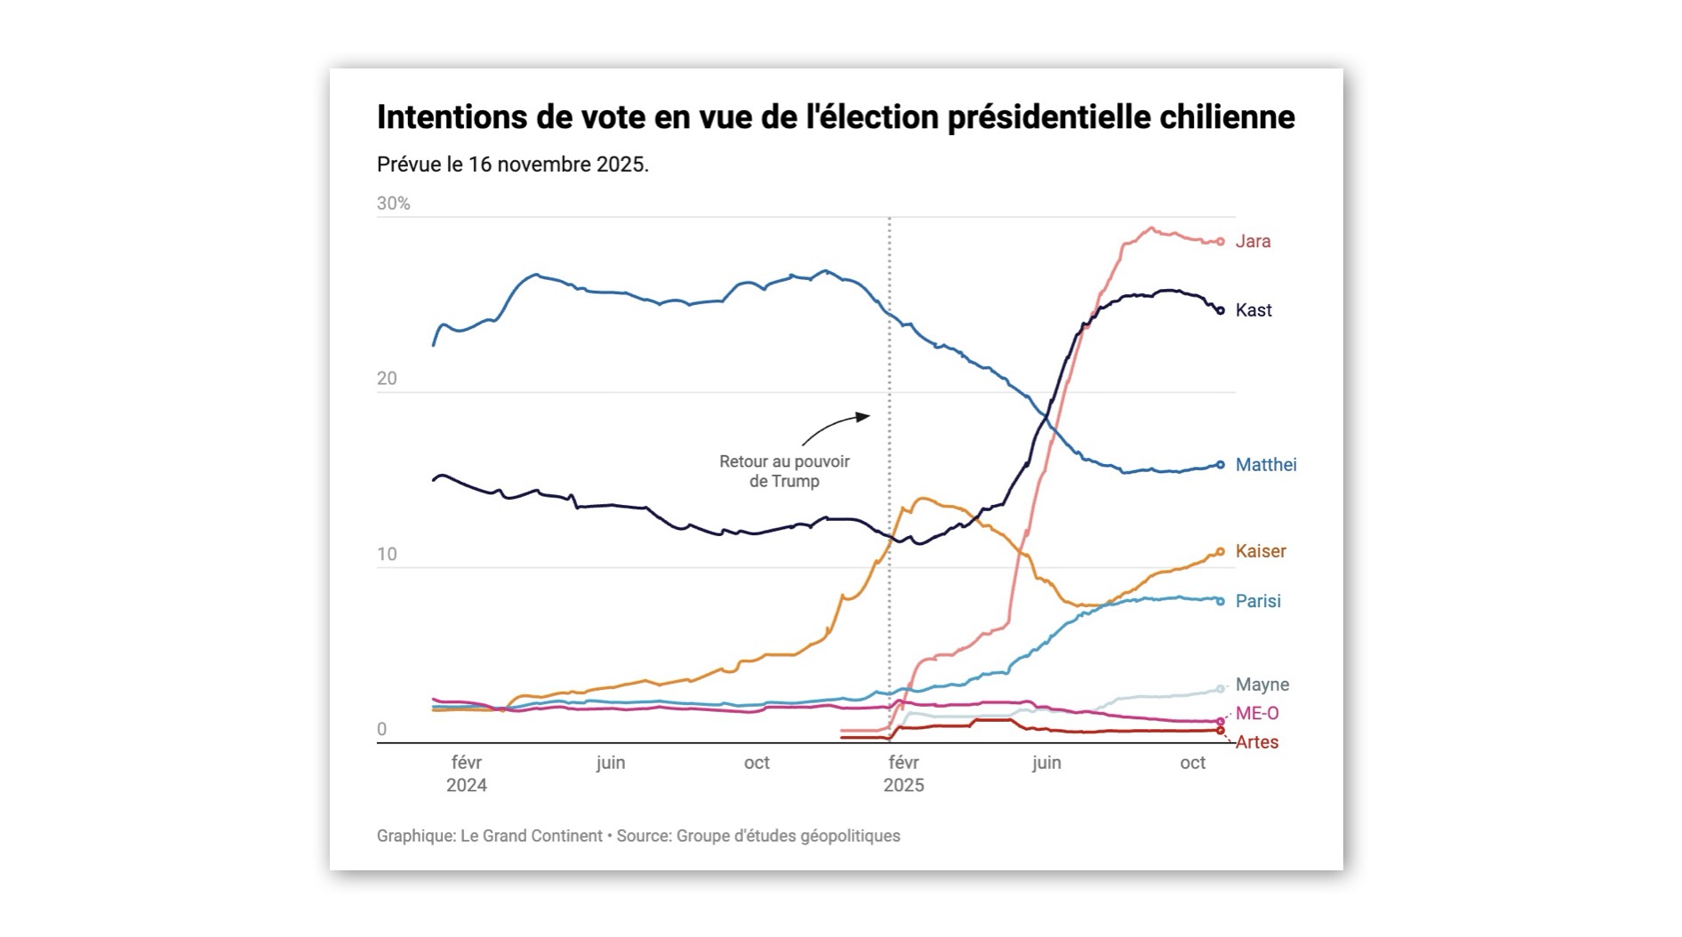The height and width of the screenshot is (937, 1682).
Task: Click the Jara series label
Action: pos(1253,241)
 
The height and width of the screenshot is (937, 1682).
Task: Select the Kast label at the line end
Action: pos(1253,310)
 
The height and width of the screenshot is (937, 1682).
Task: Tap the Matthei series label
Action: pos(1266,465)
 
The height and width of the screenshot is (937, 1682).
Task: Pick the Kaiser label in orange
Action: pos(1261,551)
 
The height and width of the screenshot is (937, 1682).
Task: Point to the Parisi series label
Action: pos(1258,601)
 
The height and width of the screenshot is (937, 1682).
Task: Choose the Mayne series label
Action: pos(1262,685)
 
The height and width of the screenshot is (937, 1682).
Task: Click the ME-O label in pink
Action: pos(1257,713)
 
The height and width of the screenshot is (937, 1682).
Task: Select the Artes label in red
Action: pos(1257,742)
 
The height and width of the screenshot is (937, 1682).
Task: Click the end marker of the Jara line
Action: pos(1221,242)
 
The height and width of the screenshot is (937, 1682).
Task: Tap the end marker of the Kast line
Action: pos(1221,310)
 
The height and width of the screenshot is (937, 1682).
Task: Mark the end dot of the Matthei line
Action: pos(1221,465)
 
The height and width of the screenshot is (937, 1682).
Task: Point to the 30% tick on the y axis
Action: pos(394,204)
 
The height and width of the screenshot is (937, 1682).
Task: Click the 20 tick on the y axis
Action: pos(387,379)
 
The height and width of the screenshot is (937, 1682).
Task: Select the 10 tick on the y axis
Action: pos(387,555)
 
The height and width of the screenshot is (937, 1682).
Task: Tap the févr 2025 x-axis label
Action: pos(903,773)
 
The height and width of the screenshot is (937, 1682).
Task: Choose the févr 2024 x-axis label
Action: pos(467,773)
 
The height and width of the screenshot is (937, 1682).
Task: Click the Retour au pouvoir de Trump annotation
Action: pos(784,471)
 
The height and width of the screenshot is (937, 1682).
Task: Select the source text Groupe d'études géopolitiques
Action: pos(788,836)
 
